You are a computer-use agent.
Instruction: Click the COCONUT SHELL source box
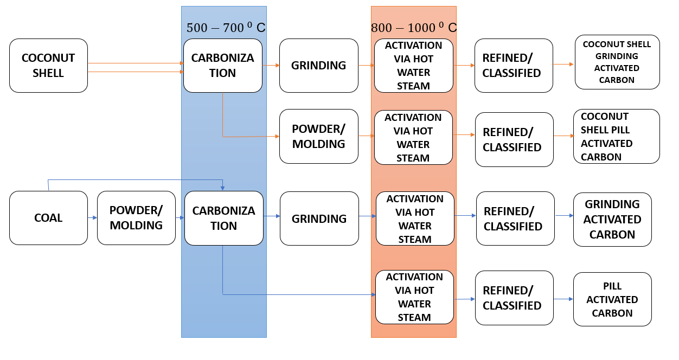[x=48, y=65]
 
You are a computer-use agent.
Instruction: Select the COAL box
[x=48, y=218]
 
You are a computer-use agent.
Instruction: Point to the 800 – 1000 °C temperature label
[x=413, y=28]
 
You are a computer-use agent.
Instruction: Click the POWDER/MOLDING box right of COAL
[x=136, y=218]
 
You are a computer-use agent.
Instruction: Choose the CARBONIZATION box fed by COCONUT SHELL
[x=222, y=65]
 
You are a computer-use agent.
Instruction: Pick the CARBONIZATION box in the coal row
[x=223, y=218]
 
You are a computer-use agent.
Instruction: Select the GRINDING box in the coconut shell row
[x=318, y=65]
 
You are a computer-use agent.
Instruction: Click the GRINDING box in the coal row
[x=319, y=218]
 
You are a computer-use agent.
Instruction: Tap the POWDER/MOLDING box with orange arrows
[x=318, y=136]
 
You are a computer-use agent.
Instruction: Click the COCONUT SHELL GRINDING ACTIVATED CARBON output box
[x=617, y=62]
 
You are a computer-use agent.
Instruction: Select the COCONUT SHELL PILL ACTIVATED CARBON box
[x=616, y=136]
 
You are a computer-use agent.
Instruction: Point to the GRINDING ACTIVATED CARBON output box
[x=612, y=219]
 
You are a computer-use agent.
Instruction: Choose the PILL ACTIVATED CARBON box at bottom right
[x=612, y=299]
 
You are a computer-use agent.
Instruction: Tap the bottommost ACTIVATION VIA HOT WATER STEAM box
[x=414, y=297]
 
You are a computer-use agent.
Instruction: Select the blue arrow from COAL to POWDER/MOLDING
[x=92, y=218]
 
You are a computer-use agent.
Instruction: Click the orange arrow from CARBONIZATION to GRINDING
[x=271, y=65]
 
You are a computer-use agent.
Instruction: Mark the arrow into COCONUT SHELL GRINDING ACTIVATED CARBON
[x=563, y=64]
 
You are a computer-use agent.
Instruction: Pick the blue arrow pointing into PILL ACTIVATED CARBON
[x=563, y=299]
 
